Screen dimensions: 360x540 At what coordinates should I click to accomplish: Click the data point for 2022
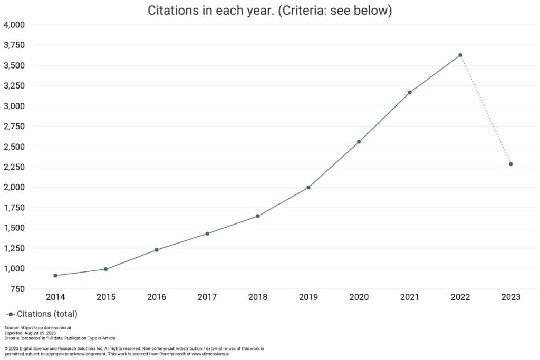coord(460,55)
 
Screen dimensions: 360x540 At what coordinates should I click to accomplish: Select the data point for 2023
coord(511,164)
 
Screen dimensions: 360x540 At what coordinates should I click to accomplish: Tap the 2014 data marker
coord(55,275)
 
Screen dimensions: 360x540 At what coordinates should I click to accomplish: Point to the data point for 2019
coord(308,187)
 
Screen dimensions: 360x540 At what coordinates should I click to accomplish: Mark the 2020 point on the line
coord(359,141)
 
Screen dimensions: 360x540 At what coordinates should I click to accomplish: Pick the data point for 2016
coord(157,249)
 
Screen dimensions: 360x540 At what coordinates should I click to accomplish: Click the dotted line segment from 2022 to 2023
coord(486,110)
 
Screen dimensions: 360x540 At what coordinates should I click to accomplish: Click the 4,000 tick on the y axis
coord(14,25)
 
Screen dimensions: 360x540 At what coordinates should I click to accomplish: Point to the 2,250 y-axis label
coord(14,167)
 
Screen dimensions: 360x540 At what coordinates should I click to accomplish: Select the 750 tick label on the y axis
coord(17,289)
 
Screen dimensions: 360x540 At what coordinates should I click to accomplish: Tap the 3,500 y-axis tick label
coord(14,65)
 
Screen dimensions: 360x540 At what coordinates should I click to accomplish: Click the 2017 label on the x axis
coord(207,297)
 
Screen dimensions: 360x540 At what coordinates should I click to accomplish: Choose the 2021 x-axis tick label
coord(410,297)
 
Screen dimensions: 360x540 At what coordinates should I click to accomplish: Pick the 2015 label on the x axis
coord(106,297)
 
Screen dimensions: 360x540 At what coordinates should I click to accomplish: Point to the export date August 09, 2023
coord(38,333)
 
